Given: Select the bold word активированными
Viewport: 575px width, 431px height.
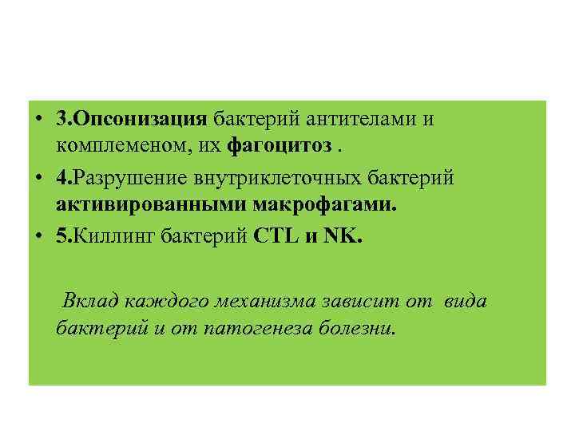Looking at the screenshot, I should pyautogui.click(x=151, y=205).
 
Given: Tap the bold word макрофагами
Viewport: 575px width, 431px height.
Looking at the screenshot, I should pyautogui.click(x=323, y=205).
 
